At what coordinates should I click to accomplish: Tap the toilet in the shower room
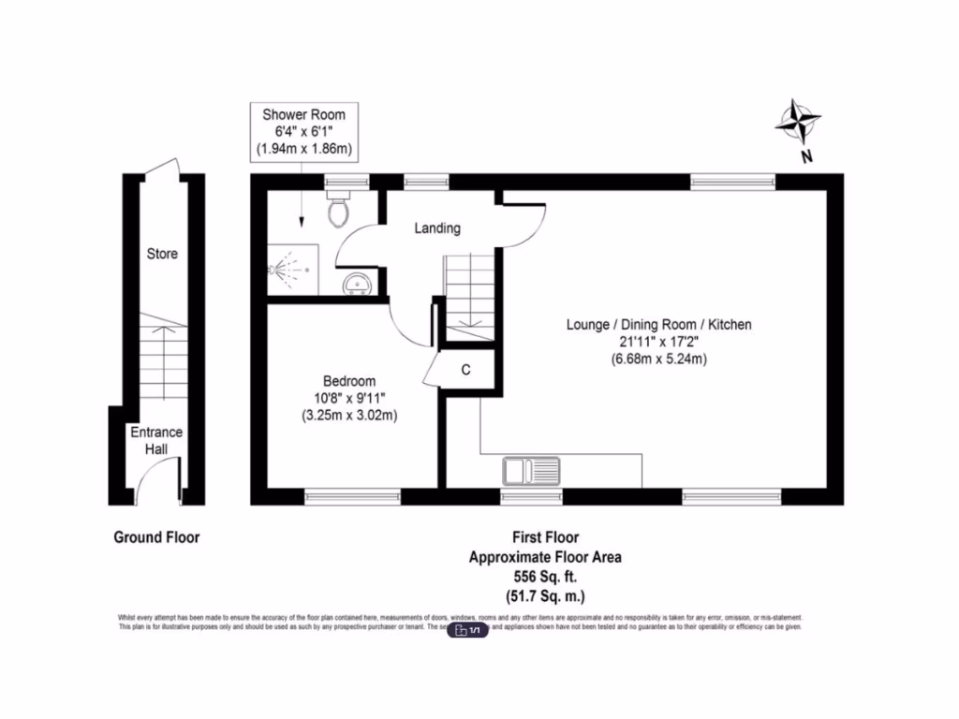coord(339,210)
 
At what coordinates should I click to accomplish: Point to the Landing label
coord(437,228)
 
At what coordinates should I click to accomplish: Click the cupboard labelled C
coord(465,370)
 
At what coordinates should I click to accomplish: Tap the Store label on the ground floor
coord(162,254)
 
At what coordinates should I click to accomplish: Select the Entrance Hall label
coord(156,441)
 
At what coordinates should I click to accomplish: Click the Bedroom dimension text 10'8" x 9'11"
coord(349,398)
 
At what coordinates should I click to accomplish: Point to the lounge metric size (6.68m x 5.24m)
coord(659,359)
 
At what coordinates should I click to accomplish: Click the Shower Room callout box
coord(303,131)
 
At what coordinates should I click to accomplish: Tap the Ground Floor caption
coord(156,537)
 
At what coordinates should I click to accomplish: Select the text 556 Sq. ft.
coord(544,577)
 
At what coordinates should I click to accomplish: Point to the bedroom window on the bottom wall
coord(353,495)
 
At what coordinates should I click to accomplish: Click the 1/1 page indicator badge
coord(468,631)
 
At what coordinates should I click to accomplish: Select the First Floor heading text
coord(544,537)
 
